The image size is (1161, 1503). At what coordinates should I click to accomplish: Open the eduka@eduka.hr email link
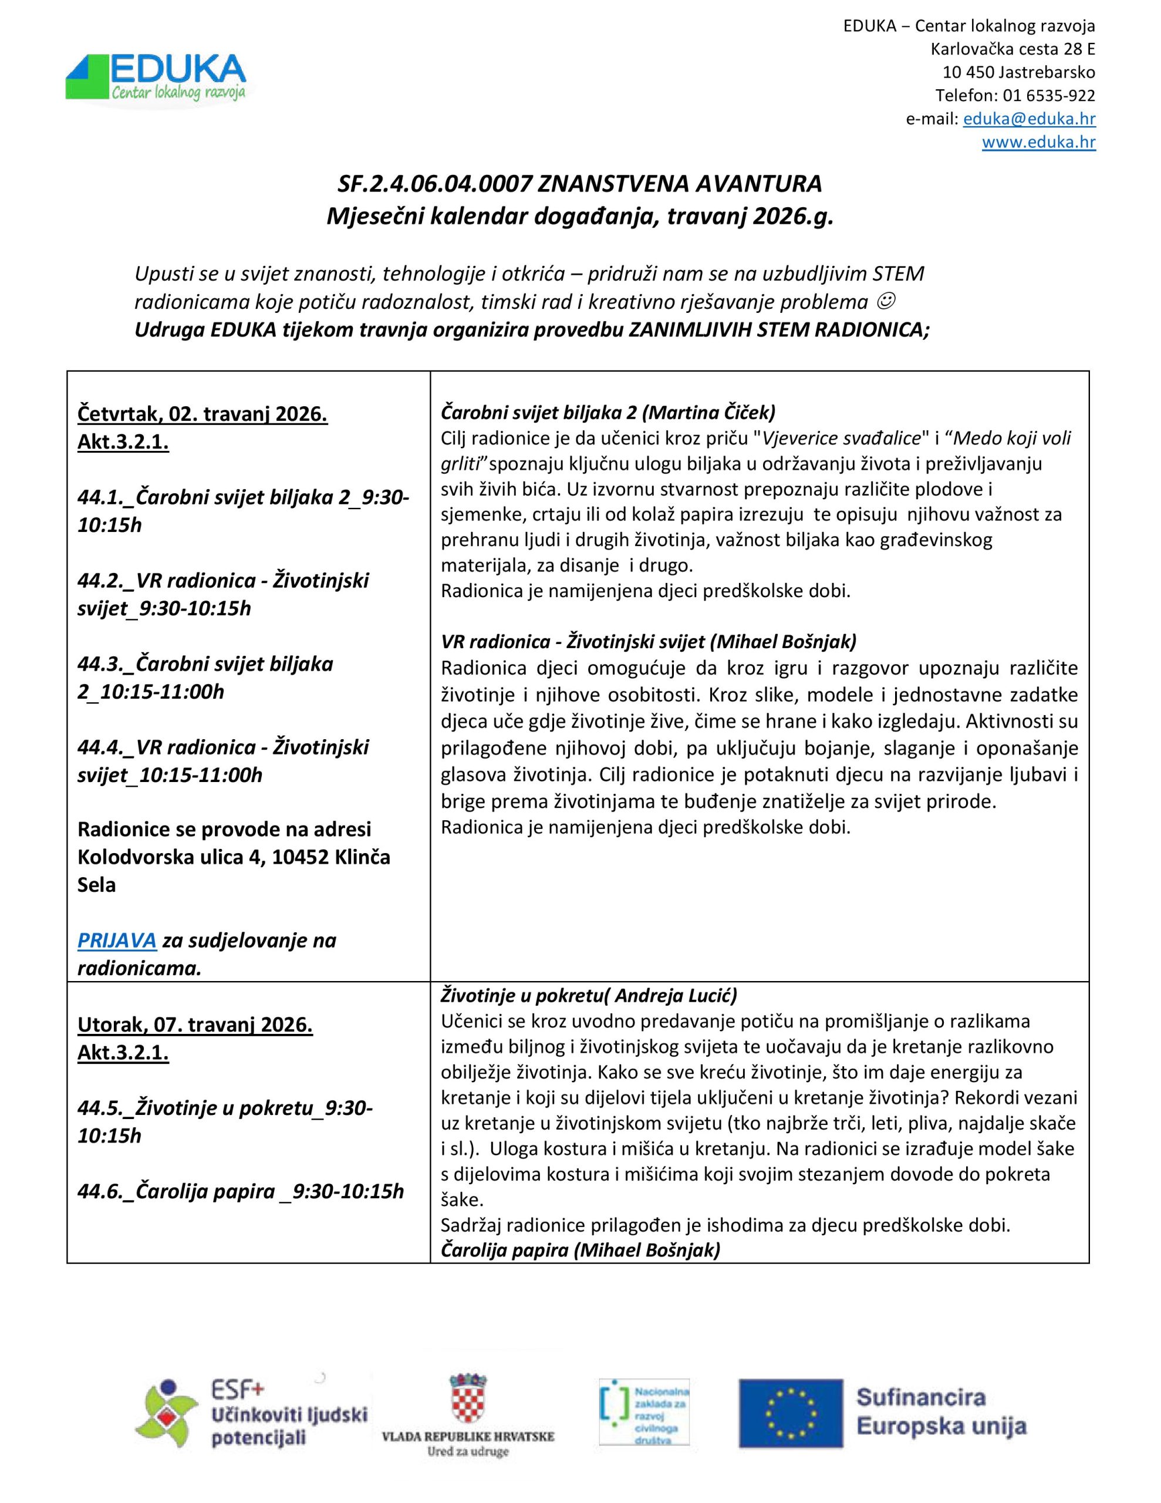[1029, 119]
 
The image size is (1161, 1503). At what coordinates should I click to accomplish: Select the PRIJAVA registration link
[116, 939]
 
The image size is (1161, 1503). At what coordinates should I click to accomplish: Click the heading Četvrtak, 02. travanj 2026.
[203, 414]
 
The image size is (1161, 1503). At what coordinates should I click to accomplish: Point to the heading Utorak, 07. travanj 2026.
[195, 1025]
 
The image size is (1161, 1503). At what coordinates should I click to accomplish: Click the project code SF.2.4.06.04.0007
[435, 184]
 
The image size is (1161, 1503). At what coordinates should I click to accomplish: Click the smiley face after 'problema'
[888, 301]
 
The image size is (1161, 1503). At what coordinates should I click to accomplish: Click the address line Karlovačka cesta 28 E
[1013, 49]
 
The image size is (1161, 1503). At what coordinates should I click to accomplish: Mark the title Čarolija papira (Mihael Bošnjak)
[580, 1250]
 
